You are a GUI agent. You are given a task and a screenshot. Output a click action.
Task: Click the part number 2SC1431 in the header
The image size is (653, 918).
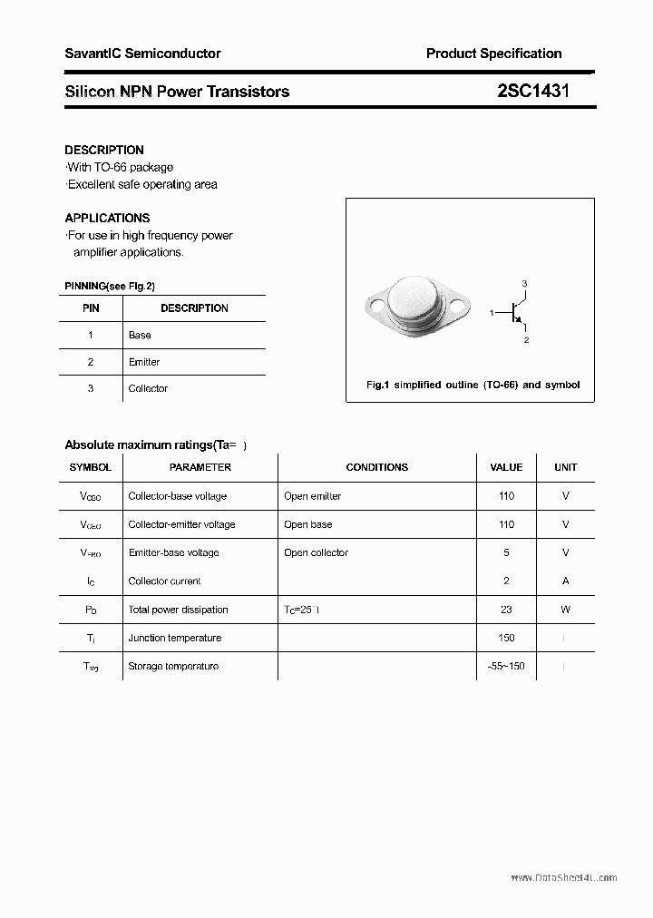point(533,91)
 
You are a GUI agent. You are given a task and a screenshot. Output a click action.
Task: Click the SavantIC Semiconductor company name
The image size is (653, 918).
point(142,54)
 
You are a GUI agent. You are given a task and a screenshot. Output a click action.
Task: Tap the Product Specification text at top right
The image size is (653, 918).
point(493,54)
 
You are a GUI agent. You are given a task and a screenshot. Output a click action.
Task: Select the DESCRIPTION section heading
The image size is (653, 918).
point(104,150)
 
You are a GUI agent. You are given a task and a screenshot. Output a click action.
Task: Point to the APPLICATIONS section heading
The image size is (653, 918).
point(107,218)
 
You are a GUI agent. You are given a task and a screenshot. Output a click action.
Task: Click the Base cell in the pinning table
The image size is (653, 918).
point(140,335)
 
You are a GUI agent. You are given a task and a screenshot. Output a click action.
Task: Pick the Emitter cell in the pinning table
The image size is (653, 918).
point(144,362)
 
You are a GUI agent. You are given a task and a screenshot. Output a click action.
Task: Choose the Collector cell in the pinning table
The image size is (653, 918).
point(148,388)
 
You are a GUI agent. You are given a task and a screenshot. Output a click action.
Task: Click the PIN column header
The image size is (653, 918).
point(91,308)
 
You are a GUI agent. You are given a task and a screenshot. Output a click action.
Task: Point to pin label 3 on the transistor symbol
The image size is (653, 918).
point(524,285)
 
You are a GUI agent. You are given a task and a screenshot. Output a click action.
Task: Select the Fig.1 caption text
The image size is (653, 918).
point(473,385)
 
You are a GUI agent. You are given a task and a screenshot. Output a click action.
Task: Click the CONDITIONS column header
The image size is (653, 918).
point(376,467)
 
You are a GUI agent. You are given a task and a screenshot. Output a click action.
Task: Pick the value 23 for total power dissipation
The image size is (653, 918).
point(506,610)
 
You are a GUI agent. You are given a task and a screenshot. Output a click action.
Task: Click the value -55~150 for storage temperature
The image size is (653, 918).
point(506,666)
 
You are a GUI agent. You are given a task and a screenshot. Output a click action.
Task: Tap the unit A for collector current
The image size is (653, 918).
point(565,581)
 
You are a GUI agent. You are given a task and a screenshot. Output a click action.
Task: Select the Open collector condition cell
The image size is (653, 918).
point(316,552)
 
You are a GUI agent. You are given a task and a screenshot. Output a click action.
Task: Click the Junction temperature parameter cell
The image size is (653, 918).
point(174,638)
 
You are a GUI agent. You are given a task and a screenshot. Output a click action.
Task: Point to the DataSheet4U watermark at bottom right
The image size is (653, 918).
point(563,878)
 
